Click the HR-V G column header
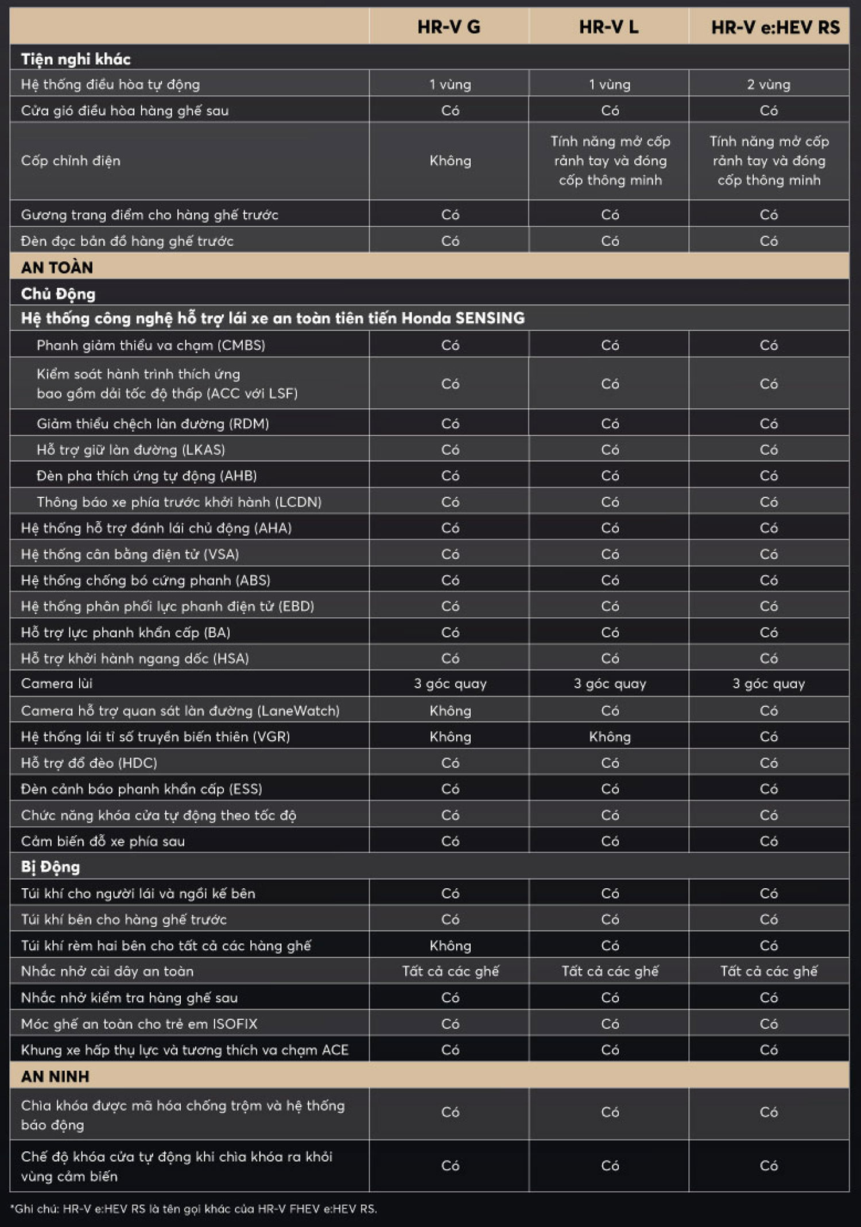[x=448, y=27]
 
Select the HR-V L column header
[x=608, y=27]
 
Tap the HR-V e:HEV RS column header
[x=775, y=27]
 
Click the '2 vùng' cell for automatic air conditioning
[x=769, y=85]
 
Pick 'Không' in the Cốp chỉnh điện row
[x=450, y=161]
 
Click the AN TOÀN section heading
[x=57, y=268]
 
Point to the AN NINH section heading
[x=55, y=1077]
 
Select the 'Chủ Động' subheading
[x=58, y=294]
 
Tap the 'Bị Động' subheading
[x=51, y=867]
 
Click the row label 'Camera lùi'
[x=57, y=684]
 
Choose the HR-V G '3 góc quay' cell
[x=450, y=684]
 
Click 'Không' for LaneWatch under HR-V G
[x=450, y=711]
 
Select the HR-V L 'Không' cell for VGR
[x=610, y=737]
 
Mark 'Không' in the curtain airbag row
[x=450, y=946]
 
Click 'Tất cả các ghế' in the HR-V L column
[x=610, y=971]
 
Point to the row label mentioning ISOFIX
[x=139, y=1024]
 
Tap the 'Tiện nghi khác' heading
[x=76, y=59]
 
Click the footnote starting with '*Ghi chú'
[x=193, y=1209]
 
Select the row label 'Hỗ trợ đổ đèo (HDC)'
[x=89, y=763]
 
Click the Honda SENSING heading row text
[x=273, y=318]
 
